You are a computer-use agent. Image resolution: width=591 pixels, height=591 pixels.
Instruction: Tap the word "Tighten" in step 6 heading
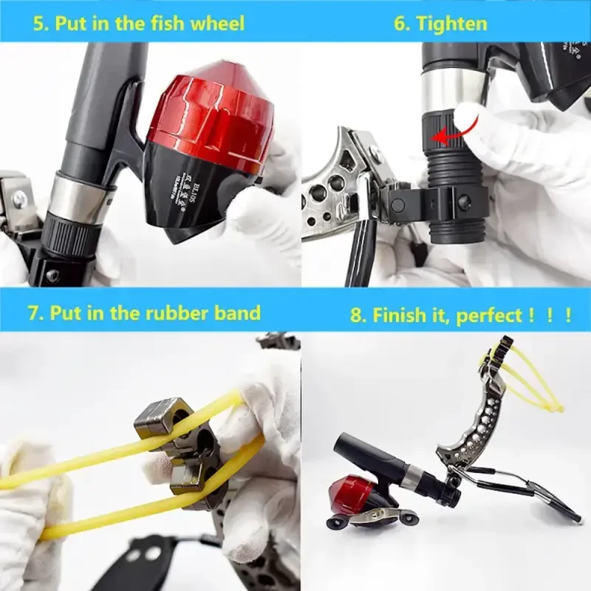451,23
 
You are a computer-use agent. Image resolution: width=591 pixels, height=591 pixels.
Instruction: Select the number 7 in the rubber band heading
33,312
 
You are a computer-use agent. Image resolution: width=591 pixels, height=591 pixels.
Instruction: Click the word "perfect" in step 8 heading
487,316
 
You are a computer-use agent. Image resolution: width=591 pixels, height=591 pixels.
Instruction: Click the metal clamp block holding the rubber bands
177,451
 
